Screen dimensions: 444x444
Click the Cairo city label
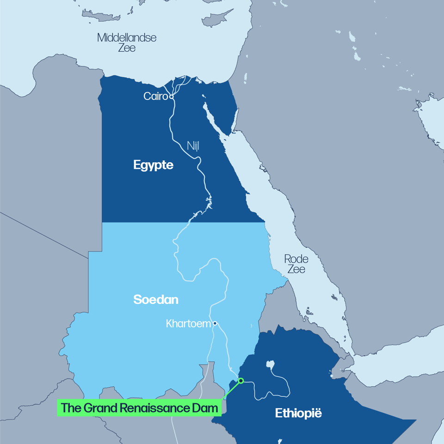pyautogui.click(x=155, y=96)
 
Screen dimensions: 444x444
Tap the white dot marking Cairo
pyautogui.click(x=172, y=97)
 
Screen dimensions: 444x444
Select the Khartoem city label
pyautogui.click(x=188, y=324)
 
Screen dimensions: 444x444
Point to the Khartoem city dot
pyautogui.click(x=215, y=324)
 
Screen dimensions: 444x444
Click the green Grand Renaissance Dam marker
pyautogui.click(x=241, y=381)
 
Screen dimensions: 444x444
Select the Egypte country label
pyautogui.click(x=153, y=165)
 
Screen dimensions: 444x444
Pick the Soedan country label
pyautogui.click(x=155, y=300)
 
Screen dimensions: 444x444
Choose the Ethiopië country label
pyautogui.click(x=298, y=413)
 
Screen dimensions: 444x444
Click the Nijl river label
pyautogui.click(x=193, y=146)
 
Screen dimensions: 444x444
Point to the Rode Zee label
pyautogui.click(x=296, y=264)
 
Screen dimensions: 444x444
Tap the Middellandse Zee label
pyautogui.click(x=127, y=42)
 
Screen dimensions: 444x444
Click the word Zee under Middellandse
pyautogui.click(x=127, y=48)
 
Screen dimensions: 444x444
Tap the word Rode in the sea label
pyautogui.click(x=296, y=259)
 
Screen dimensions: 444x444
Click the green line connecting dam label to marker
pyautogui.click(x=231, y=391)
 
